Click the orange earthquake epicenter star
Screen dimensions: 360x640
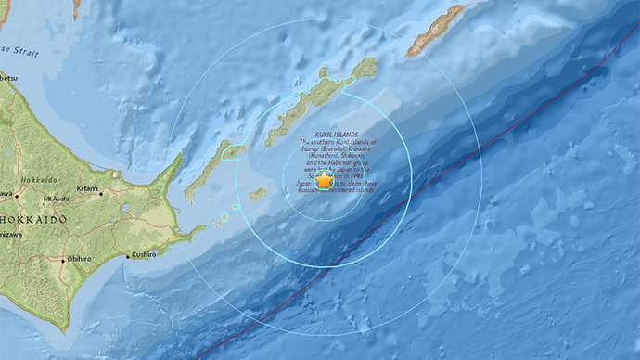[x=324, y=182]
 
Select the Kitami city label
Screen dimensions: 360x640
[x=89, y=189]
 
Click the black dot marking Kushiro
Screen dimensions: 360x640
[x=127, y=256]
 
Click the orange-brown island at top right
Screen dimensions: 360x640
[x=434, y=31]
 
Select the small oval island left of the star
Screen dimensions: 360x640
[x=257, y=194]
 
